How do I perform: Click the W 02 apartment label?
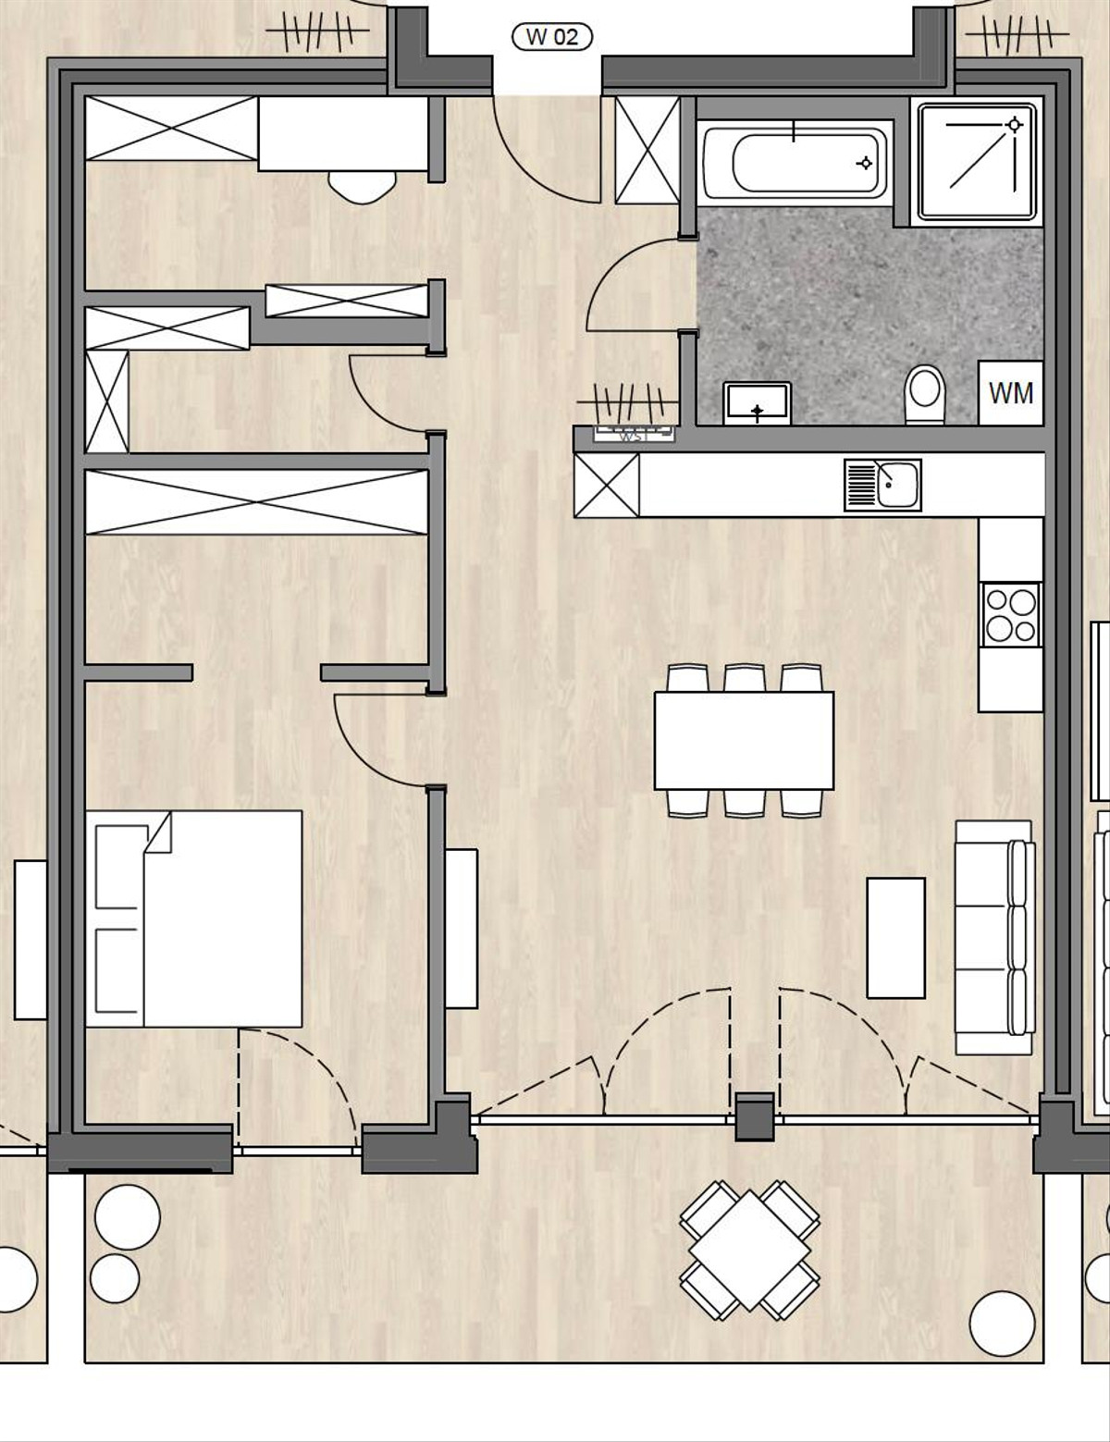[552, 37]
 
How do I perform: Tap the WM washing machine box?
[1010, 393]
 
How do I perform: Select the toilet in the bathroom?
[925, 392]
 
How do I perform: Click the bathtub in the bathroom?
[795, 164]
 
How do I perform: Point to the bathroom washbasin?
[758, 403]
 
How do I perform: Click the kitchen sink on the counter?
[882, 485]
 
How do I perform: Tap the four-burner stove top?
[1010, 615]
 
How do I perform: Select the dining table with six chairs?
[744, 740]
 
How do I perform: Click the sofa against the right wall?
[994, 936]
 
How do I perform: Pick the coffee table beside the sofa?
[895, 938]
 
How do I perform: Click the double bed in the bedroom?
[194, 918]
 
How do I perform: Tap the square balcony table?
[749, 1249]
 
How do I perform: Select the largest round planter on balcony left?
[128, 1216]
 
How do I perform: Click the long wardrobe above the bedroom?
[256, 501]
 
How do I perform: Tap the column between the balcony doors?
[755, 1116]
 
